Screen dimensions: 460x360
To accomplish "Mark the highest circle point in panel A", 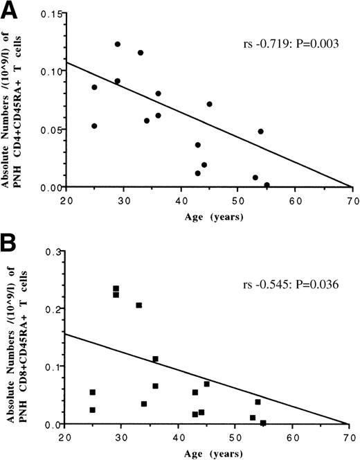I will tap(118, 44).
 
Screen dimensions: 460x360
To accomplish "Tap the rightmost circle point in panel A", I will tap(267, 185).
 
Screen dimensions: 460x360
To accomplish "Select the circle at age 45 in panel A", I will tap(209, 104).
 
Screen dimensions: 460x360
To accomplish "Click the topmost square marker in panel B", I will tap(116, 288).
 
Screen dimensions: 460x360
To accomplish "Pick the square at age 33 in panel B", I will tap(139, 306).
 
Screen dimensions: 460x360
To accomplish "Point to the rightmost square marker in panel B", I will tap(263, 423).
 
